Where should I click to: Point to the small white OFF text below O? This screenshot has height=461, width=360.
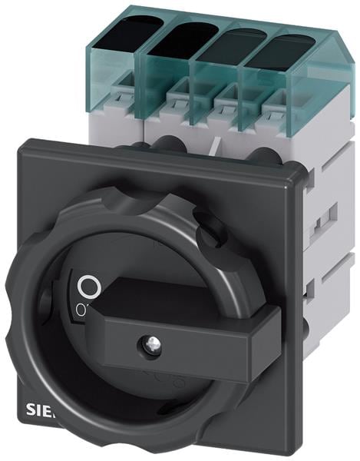pyautogui.click(x=80, y=309)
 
